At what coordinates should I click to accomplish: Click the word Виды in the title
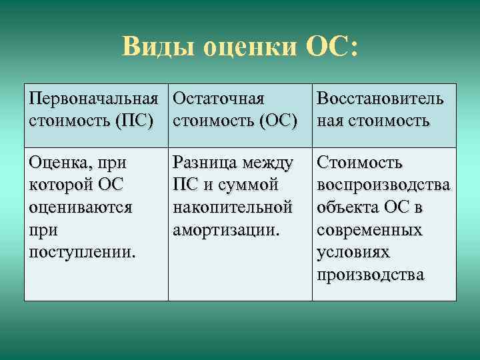[157, 48]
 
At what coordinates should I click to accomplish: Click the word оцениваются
[81, 207]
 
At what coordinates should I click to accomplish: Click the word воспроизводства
[383, 185]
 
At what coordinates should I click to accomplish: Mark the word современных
[370, 230]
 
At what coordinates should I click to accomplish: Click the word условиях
[353, 253]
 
